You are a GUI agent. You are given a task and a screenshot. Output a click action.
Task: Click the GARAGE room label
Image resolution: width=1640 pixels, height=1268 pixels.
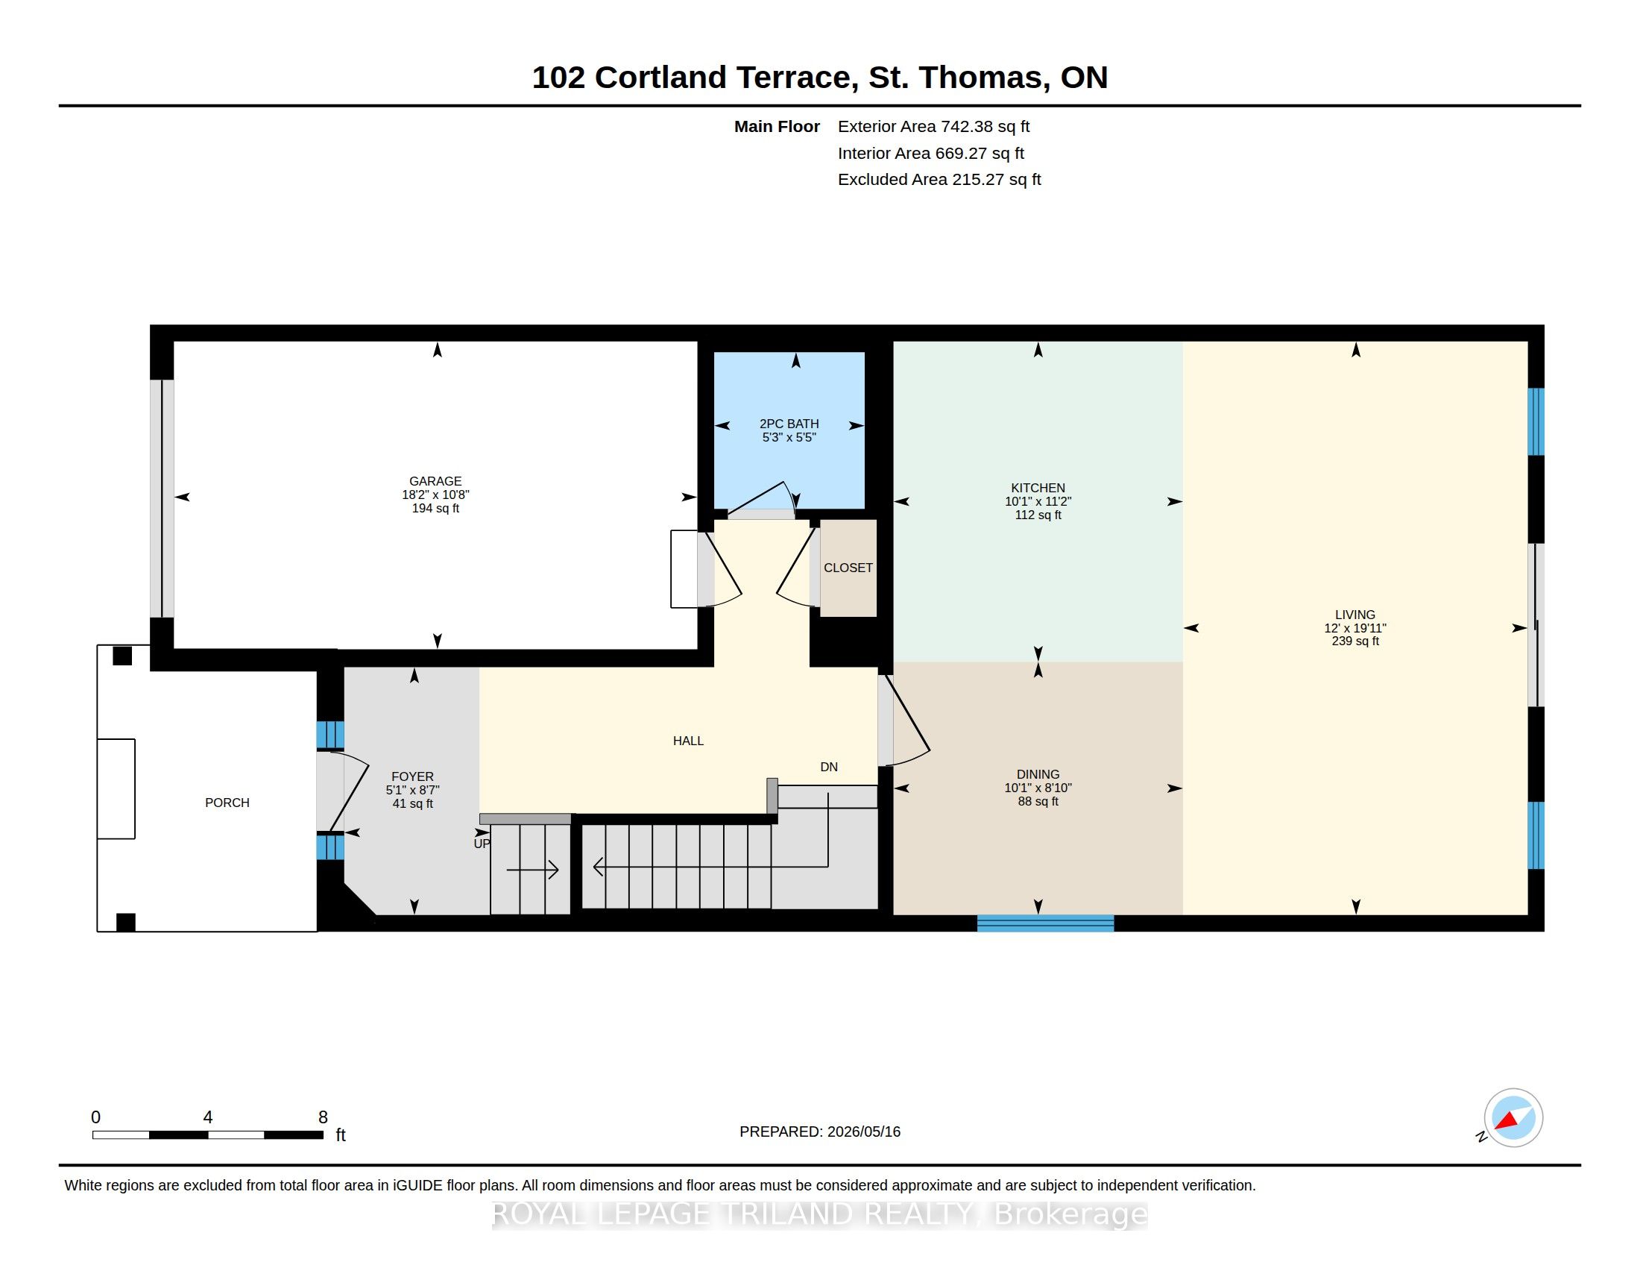click(435, 482)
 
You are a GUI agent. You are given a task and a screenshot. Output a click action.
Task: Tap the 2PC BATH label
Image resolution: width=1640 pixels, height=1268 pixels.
click(789, 424)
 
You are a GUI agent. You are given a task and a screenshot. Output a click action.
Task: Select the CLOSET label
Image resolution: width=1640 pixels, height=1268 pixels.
click(848, 568)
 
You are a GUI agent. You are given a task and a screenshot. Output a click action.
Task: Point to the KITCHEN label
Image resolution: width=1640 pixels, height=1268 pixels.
click(1038, 489)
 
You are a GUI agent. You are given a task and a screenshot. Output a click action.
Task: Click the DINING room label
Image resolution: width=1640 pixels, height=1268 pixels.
click(1038, 774)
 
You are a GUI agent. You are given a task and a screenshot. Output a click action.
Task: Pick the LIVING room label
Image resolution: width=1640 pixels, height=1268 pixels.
click(1354, 615)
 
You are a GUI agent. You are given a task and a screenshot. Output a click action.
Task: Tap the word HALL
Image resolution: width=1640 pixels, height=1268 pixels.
click(688, 741)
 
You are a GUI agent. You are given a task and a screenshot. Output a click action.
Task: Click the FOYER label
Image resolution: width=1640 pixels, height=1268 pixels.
click(412, 776)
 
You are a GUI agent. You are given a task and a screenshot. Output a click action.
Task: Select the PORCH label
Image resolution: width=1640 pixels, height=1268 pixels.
click(227, 803)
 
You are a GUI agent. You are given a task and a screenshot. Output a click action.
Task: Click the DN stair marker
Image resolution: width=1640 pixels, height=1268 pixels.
click(828, 767)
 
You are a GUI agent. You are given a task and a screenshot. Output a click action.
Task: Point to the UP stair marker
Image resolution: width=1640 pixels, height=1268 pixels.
click(482, 844)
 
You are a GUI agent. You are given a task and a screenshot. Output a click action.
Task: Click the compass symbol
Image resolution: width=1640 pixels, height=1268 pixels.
click(1513, 1118)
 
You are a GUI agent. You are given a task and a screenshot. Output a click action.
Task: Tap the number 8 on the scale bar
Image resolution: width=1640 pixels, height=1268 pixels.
click(323, 1117)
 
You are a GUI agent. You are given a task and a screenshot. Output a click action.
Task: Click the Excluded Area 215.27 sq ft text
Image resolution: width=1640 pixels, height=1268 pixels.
click(939, 180)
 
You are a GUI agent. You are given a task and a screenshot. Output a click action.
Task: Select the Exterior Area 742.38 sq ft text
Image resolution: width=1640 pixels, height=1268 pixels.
click(933, 127)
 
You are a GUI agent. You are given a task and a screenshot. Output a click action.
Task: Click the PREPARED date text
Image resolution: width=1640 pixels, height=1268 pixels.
click(819, 1132)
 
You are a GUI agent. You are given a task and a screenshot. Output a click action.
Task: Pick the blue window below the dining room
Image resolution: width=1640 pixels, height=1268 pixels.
click(1045, 923)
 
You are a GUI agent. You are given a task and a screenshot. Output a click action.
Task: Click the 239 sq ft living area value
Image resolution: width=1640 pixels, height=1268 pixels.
click(1354, 641)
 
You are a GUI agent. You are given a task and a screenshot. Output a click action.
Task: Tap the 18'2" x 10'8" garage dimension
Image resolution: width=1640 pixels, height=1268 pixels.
click(435, 495)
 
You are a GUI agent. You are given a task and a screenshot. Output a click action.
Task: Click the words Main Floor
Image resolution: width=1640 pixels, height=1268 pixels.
click(777, 127)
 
